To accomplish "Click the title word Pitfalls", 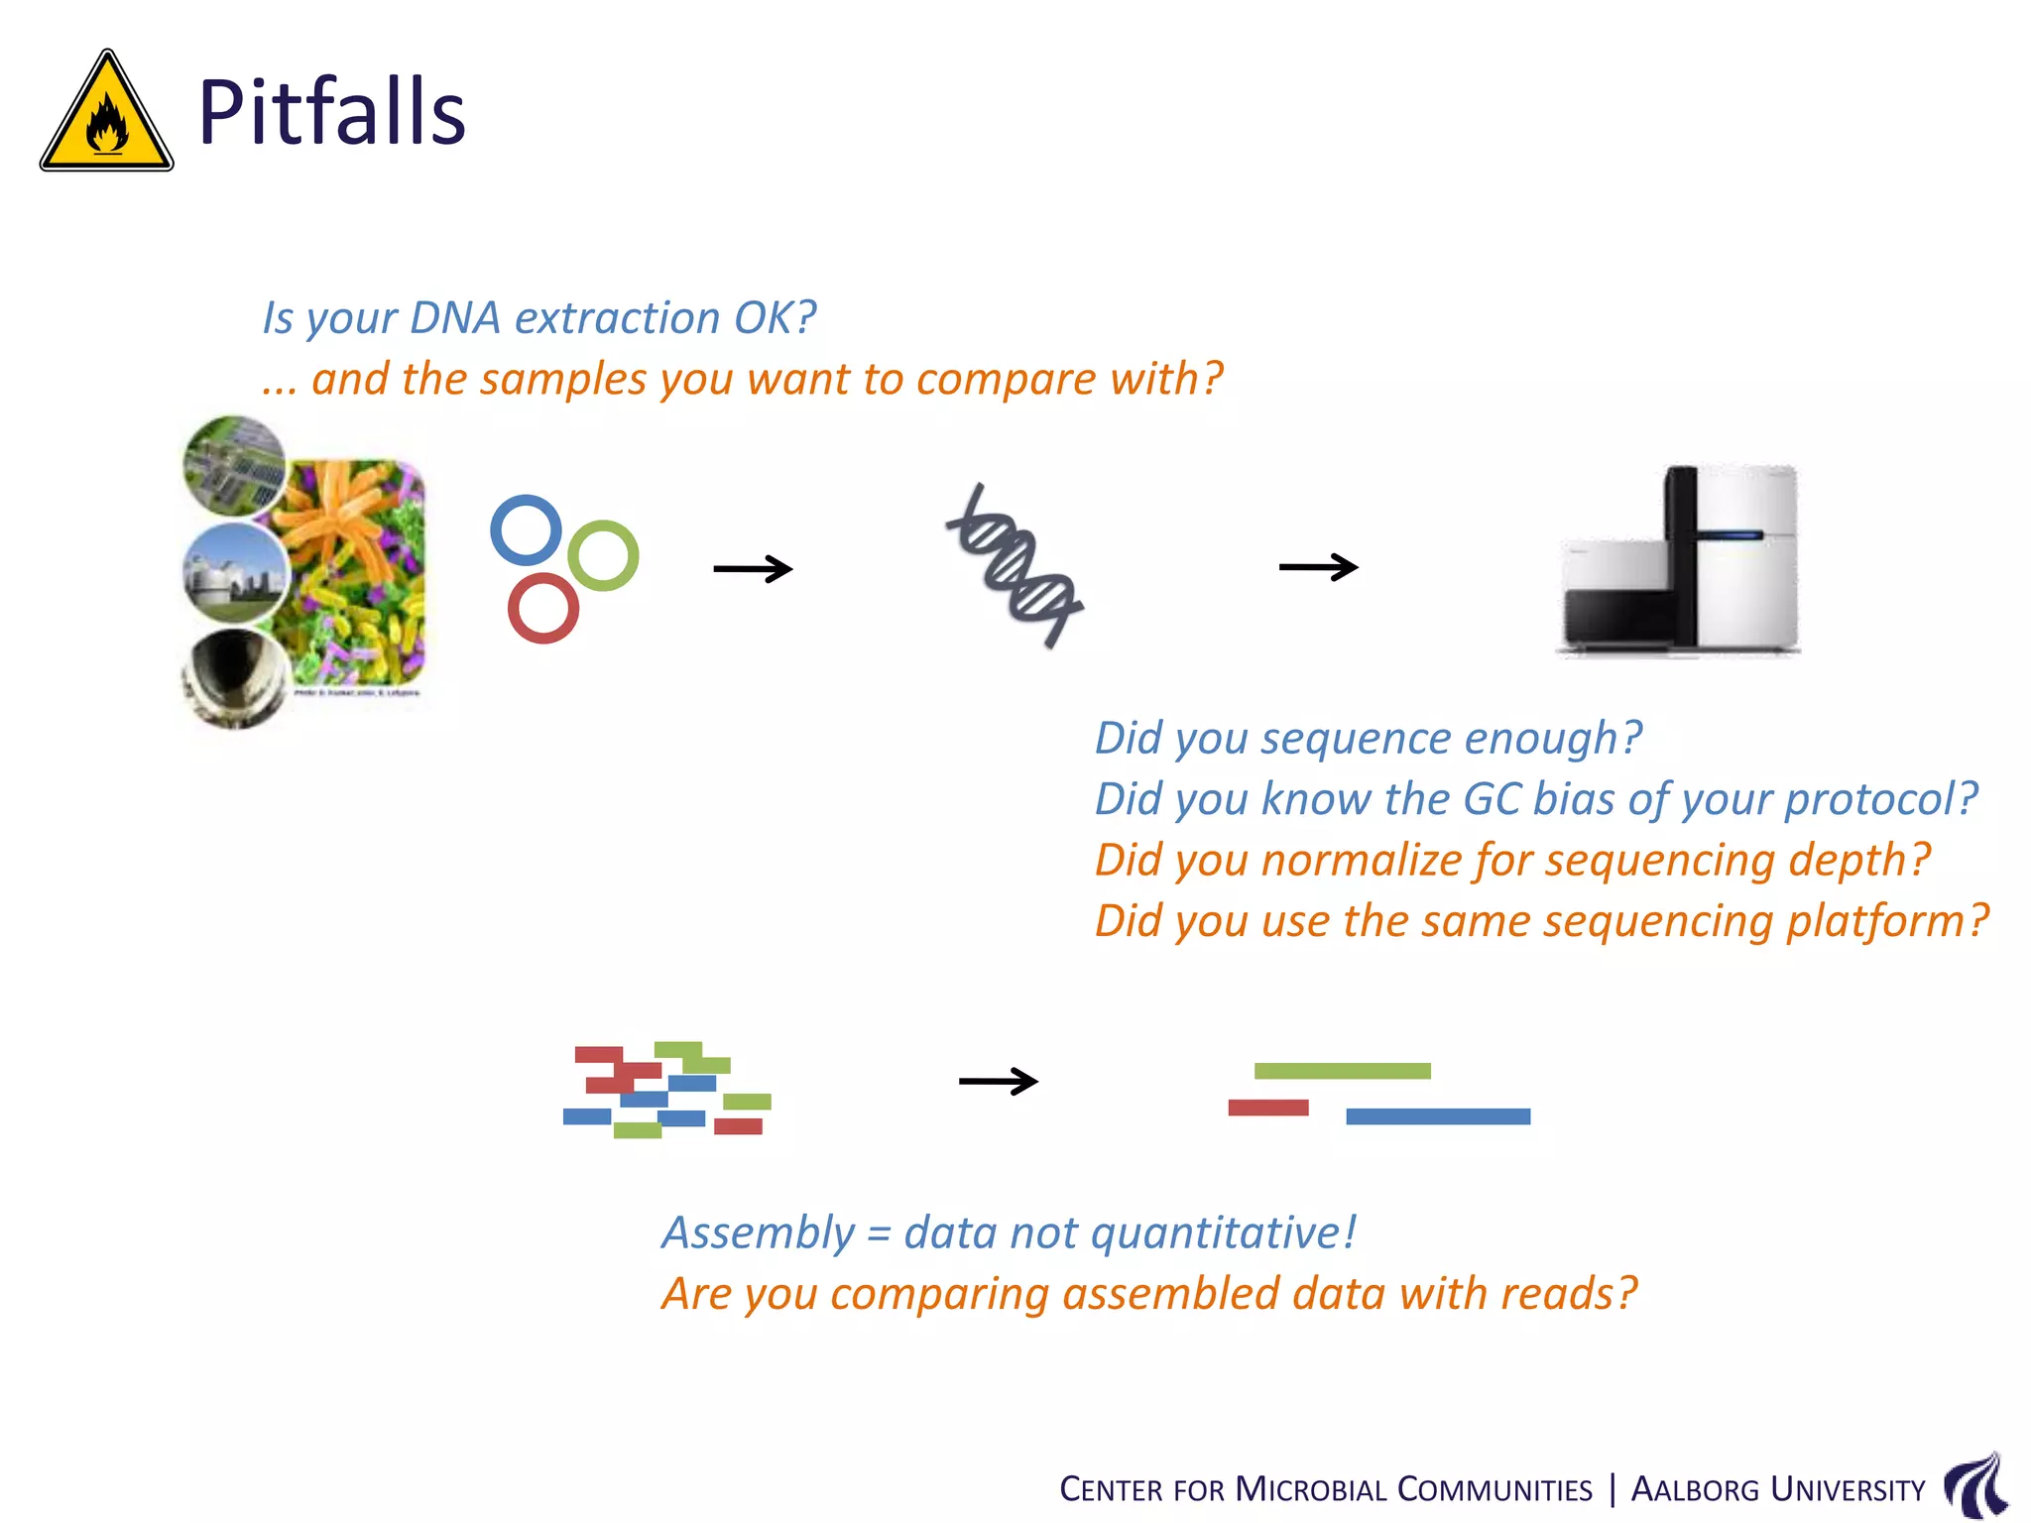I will (331, 112).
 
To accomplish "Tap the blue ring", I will (526, 529).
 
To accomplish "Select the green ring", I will (603, 555).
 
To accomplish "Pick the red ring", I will (542, 608).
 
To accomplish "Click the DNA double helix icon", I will (1015, 566).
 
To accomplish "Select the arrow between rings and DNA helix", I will (753, 569).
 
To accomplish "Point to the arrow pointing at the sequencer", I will (1318, 567).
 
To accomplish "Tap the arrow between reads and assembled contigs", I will (998, 1081).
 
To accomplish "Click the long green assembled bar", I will (1342, 1071).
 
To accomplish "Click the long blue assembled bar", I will (1437, 1116).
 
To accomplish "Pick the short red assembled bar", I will (1267, 1108).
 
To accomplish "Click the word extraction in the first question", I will (617, 318).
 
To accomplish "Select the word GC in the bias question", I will (1492, 799).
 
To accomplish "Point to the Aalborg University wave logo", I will (1975, 1485).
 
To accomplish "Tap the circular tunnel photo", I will (233, 677).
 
